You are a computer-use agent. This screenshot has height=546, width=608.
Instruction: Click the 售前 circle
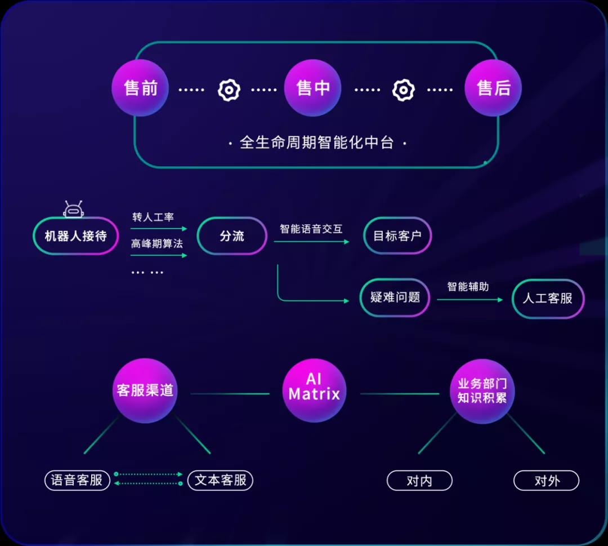coord(140,88)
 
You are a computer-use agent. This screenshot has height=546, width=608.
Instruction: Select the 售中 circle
coord(312,88)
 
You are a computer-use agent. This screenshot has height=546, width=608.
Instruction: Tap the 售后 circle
coord(493,88)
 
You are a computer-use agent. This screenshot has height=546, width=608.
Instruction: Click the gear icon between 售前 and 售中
coord(229,90)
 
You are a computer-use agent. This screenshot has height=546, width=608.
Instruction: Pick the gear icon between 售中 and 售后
coord(404,90)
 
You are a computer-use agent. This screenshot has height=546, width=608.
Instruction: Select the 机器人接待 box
coord(75,236)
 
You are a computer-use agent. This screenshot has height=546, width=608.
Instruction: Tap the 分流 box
coord(232,236)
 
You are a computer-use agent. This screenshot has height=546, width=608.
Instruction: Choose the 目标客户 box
coord(397,236)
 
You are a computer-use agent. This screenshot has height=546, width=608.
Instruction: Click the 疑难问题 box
coord(395,297)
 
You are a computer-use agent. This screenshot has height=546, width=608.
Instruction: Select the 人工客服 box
coord(547,298)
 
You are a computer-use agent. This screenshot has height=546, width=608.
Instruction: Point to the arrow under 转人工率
coord(159,229)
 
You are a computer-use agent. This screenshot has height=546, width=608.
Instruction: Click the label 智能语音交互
coord(311,229)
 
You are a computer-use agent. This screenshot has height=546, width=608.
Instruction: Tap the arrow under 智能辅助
coord(470,300)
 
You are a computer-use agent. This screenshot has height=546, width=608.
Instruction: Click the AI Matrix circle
coord(314,390)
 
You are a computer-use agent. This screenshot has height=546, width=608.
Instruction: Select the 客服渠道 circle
coord(145,390)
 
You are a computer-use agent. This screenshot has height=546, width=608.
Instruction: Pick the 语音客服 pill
coord(77,480)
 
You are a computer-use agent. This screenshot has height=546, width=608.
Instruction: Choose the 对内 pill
coord(419,481)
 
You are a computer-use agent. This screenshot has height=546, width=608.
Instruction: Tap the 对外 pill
coord(546,481)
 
